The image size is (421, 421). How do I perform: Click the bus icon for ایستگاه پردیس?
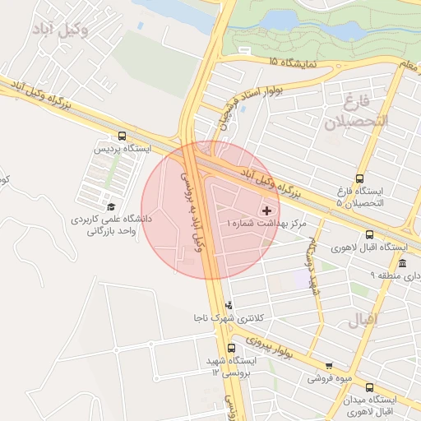tap(122, 136)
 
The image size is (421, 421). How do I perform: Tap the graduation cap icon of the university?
tap(111, 206)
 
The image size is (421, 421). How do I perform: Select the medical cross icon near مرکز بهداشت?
tap(265, 211)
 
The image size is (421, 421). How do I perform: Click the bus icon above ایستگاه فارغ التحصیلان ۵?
tap(359, 179)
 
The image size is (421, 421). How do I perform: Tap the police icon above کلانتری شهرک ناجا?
tap(229, 305)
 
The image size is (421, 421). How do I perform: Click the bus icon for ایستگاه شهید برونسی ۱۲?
tap(231, 348)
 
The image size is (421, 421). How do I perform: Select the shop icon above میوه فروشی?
tap(329, 366)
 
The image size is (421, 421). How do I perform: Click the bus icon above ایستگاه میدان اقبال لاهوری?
tap(369, 387)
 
